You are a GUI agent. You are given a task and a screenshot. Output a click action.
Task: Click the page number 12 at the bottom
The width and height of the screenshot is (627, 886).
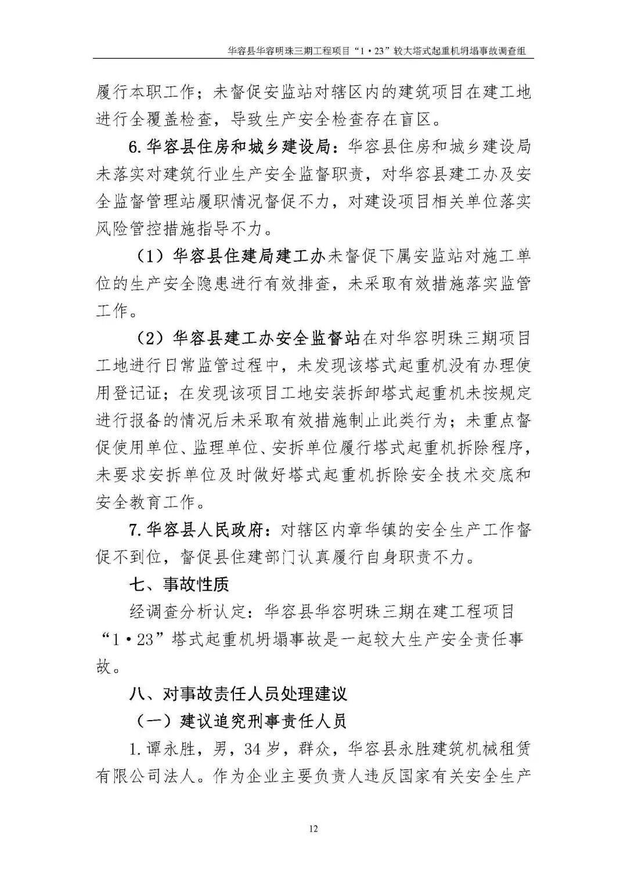pyautogui.click(x=313, y=828)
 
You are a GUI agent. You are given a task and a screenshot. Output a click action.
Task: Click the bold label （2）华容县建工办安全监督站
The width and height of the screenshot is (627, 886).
pyautogui.click(x=249, y=338)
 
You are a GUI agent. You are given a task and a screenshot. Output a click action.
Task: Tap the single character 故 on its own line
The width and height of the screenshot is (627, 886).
pyautogui.click(x=103, y=667)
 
